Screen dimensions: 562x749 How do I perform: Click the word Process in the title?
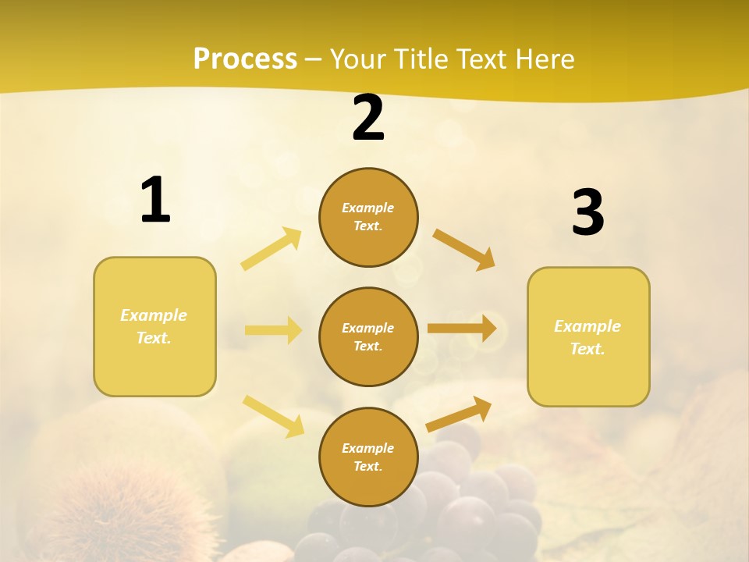coord(245,59)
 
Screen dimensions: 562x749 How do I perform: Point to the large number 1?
coord(155,200)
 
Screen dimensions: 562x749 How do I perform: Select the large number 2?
coord(368,118)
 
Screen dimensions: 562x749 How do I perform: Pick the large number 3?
coord(587,212)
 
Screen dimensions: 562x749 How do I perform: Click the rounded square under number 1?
coord(154,326)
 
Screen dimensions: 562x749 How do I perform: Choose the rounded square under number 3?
coord(588,336)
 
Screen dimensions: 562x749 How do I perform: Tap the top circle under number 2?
coord(368,217)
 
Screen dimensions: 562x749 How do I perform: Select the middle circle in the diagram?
coord(368,336)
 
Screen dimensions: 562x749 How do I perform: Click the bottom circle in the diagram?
coord(368,457)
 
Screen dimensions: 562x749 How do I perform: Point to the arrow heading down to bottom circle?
coord(273,415)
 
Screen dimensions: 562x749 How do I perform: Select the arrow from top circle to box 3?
coord(464,249)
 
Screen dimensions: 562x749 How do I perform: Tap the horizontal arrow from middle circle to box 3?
coord(462,329)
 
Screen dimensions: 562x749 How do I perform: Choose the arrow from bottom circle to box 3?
coord(459,414)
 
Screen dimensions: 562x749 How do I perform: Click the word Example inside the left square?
coord(154,315)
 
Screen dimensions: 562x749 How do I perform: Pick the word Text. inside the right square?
coord(587,349)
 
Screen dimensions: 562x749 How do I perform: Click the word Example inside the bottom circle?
coord(368,448)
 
